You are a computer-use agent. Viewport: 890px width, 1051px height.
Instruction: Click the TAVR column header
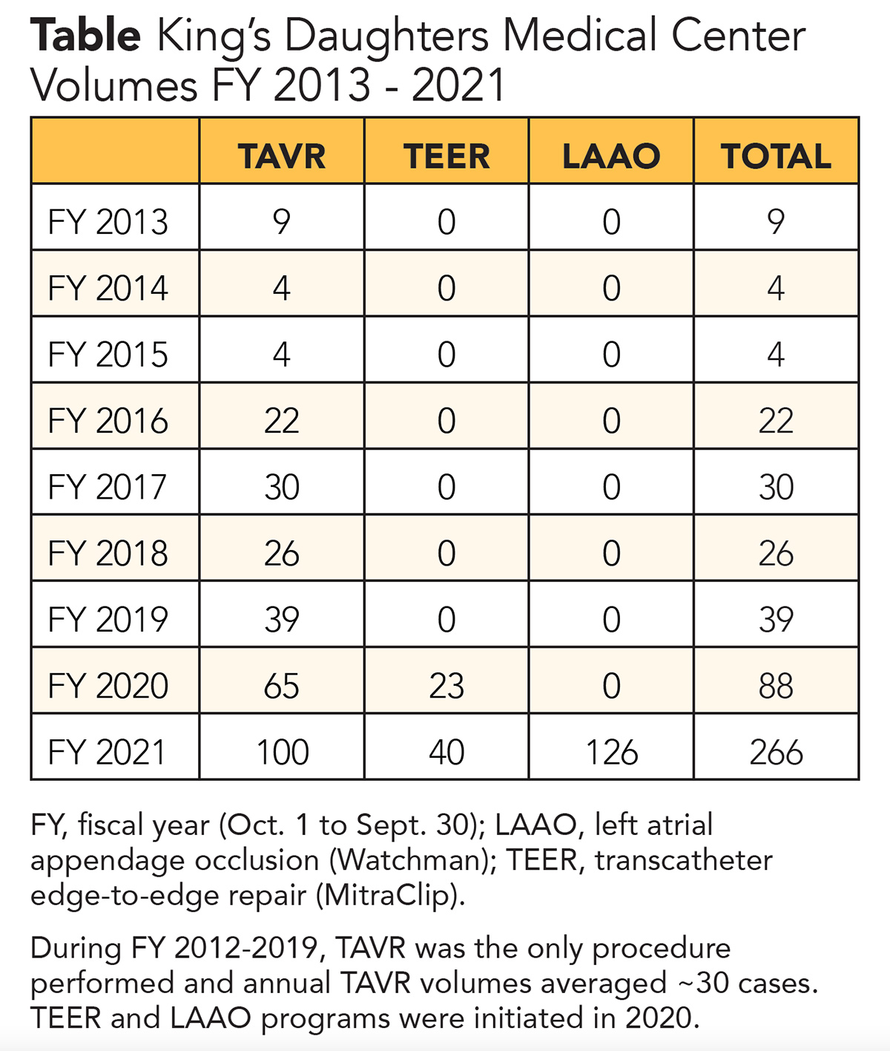click(282, 156)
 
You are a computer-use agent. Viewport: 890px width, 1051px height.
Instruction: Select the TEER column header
click(446, 156)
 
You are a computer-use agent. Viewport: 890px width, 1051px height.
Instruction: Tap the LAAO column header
click(611, 156)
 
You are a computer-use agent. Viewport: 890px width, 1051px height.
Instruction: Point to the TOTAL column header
click(776, 156)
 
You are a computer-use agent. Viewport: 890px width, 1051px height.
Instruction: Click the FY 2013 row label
click(108, 222)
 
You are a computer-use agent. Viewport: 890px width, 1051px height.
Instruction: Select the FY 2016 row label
click(108, 421)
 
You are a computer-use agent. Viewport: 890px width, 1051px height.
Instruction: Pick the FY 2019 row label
click(108, 620)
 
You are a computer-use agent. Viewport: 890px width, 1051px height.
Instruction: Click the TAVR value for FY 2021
click(282, 752)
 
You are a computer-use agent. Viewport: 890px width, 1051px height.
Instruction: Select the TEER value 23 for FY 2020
click(446, 686)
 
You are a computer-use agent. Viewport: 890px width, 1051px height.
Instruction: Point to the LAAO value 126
click(611, 752)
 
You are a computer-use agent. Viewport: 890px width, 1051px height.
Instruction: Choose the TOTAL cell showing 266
click(776, 752)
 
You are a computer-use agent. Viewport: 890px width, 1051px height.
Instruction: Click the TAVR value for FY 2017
click(282, 487)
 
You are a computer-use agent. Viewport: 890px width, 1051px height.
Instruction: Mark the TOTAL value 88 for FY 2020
click(776, 686)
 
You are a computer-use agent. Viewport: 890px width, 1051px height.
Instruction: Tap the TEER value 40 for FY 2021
click(446, 752)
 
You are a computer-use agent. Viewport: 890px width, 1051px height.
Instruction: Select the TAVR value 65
click(282, 686)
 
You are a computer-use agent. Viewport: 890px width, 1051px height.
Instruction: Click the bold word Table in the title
click(85, 36)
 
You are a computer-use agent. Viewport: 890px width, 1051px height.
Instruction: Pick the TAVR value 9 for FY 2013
click(282, 222)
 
